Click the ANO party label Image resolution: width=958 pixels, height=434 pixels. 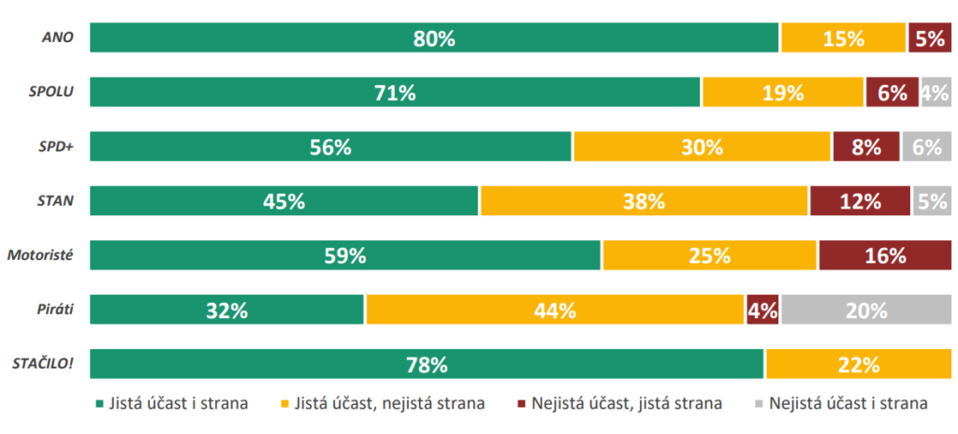(59, 38)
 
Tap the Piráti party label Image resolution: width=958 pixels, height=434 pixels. (57, 310)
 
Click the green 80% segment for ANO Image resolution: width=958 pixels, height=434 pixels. (434, 38)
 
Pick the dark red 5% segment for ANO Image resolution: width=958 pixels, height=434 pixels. (929, 38)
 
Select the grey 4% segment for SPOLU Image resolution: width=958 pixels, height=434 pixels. (936, 93)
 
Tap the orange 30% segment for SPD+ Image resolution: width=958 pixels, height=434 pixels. (702, 147)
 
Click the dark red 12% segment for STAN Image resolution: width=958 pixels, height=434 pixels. (860, 201)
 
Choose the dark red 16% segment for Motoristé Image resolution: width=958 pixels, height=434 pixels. (884, 255)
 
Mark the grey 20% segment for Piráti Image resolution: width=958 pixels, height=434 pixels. (866, 310)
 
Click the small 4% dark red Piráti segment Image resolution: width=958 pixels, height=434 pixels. (762, 310)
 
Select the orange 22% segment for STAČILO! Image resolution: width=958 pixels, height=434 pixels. (858, 364)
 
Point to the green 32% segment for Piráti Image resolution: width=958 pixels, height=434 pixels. (226, 310)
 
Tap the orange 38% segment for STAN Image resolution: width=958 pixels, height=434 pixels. (644, 201)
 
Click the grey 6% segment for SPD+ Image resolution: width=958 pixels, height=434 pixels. (926, 147)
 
